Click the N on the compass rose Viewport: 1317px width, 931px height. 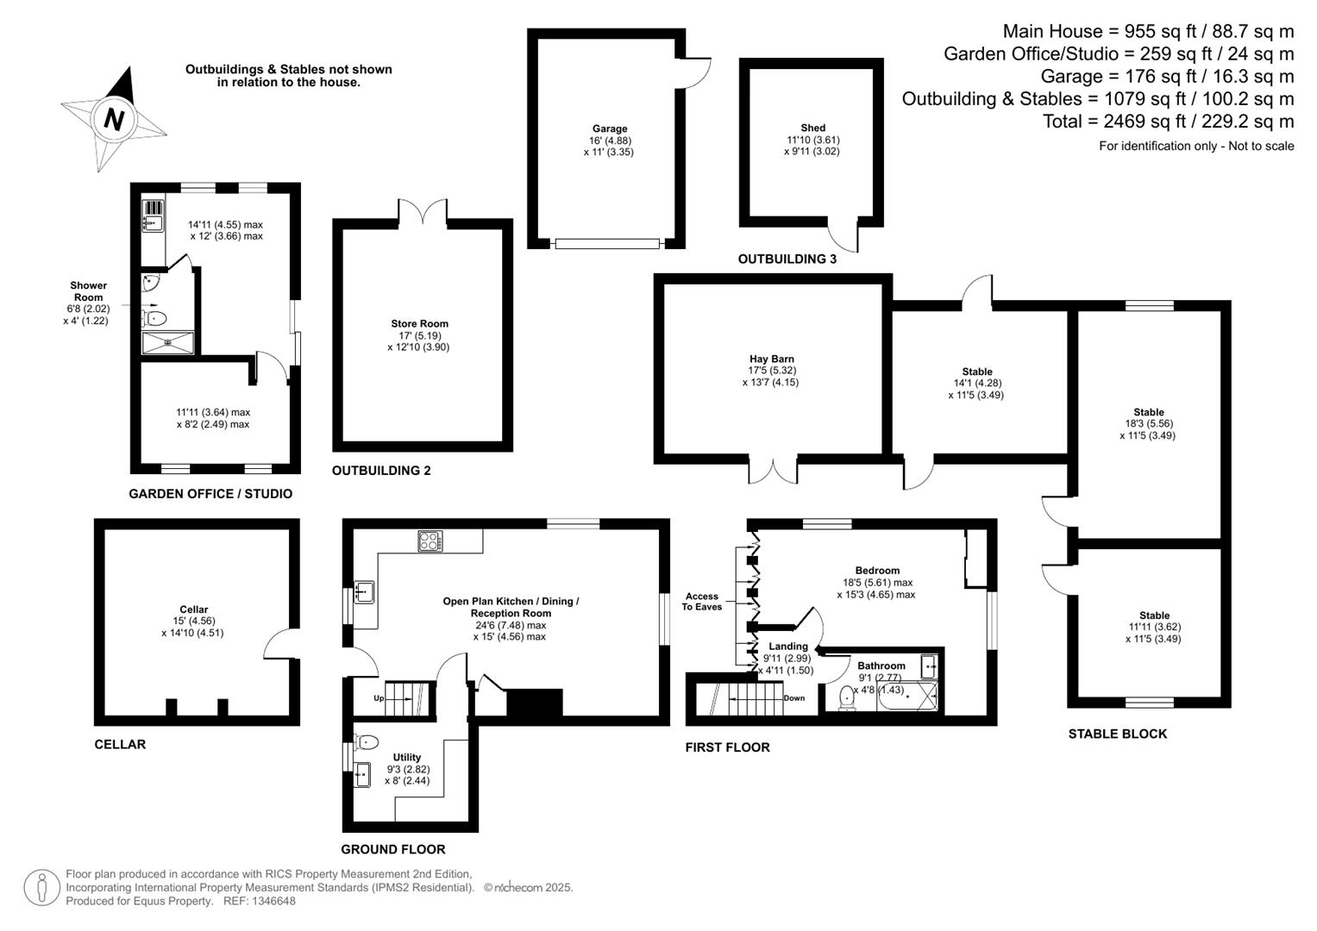tap(114, 120)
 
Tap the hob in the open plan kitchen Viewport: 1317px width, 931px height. tap(430, 540)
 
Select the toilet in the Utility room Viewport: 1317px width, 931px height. tap(367, 741)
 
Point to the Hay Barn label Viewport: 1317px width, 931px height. tap(771, 359)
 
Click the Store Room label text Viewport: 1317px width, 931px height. tap(419, 323)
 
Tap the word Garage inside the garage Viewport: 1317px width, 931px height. tap(610, 128)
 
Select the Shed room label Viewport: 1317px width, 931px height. tap(812, 128)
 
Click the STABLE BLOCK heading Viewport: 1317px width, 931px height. tap(1117, 734)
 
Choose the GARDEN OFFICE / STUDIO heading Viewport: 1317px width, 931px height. tap(210, 494)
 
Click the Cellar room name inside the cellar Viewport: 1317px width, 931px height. tap(193, 609)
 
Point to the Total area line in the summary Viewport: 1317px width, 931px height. tap(1169, 121)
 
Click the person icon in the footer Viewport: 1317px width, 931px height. tap(41, 888)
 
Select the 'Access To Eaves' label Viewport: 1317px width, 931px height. tap(701, 602)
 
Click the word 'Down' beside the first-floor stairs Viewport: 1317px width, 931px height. tap(793, 698)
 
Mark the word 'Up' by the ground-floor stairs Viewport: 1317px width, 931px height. tap(379, 698)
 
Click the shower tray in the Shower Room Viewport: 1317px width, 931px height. tap(168, 343)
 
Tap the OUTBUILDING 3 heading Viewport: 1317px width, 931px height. tap(787, 259)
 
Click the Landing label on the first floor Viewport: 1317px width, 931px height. tap(788, 647)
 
